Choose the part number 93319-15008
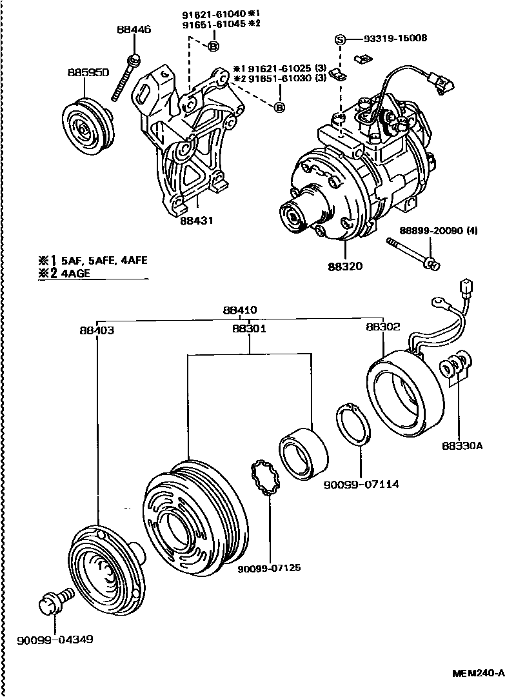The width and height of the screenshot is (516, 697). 386,39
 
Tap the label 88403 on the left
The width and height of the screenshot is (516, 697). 97,330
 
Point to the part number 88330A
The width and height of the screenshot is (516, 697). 462,445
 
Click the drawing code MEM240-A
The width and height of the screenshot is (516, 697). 478,672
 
